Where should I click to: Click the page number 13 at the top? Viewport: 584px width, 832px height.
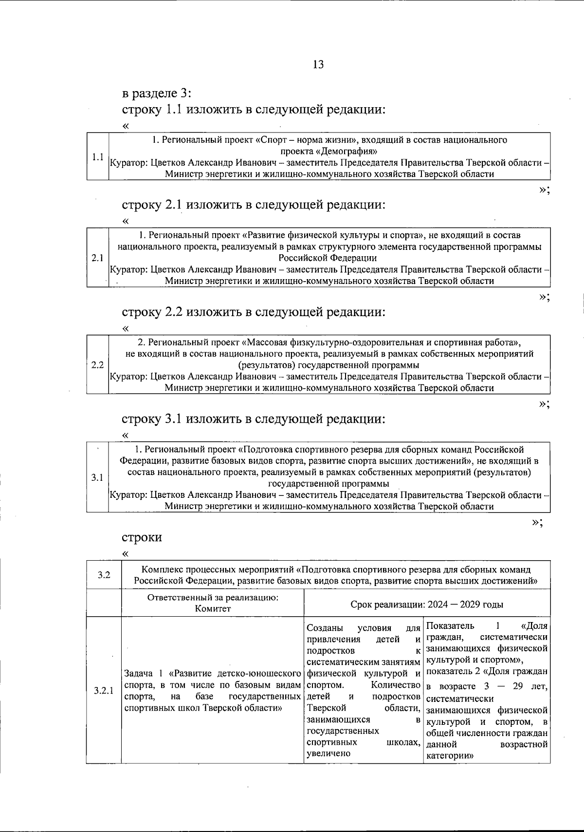click(318, 65)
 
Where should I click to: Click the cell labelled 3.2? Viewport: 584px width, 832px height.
click(103, 575)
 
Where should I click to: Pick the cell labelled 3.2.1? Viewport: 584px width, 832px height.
click(104, 691)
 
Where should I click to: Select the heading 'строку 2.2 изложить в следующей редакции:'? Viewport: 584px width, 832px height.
click(254, 312)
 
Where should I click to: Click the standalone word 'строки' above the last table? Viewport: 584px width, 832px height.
click(142, 538)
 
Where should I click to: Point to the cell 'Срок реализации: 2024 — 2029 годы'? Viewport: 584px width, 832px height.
click(426, 604)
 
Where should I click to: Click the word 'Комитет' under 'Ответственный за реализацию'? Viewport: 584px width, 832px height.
click(213, 608)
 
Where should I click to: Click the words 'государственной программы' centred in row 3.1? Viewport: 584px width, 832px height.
click(328, 484)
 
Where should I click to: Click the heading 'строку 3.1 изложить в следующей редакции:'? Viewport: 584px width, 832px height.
click(254, 419)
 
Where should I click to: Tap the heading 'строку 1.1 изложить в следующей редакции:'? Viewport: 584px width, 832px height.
click(254, 110)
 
